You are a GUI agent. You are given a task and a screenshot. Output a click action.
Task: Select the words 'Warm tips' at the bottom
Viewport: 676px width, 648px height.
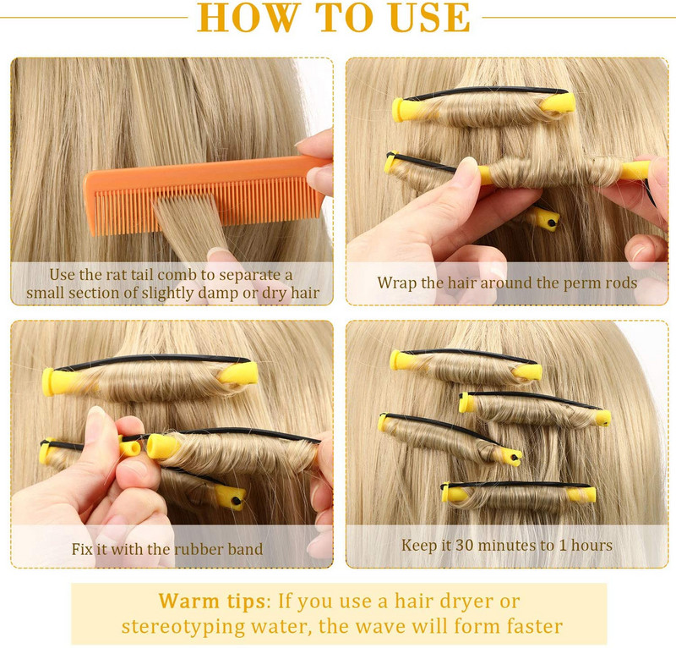[x=212, y=601]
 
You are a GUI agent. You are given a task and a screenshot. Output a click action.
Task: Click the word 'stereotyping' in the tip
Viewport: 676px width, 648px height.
[x=183, y=627]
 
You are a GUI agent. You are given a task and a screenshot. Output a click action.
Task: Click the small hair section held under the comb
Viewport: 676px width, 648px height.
[x=193, y=228]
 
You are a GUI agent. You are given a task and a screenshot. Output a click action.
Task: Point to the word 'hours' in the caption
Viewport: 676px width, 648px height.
[x=591, y=545]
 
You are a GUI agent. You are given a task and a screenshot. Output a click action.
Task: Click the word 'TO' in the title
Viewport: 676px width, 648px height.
[x=345, y=17]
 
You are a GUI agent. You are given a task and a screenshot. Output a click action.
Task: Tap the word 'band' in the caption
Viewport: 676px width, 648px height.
[x=245, y=549]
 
